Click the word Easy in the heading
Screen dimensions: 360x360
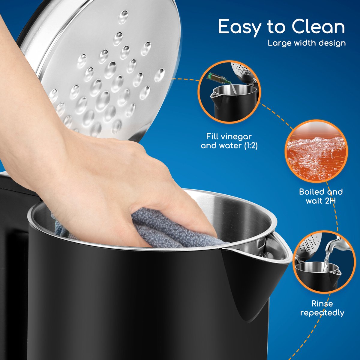click(240, 27)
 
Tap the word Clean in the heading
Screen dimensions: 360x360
click(318, 26)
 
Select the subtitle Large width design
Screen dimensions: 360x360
click(307, 43)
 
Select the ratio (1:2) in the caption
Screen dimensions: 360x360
click(251, 146)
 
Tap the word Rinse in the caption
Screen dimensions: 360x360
click(322, 304)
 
